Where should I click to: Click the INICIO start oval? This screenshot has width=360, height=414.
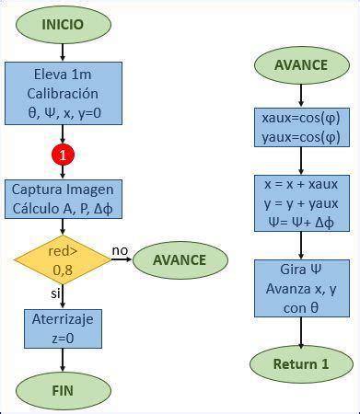(x=62, y=24)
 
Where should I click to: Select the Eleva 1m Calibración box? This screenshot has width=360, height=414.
(x=63, y=93)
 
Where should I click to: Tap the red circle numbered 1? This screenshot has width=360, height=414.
(x=63, y=155)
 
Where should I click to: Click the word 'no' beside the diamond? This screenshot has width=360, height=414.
(x=120, y=250)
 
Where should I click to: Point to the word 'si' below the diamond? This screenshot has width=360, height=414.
(x=54, y=293)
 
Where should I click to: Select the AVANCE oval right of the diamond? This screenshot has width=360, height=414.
(x=180, y=259)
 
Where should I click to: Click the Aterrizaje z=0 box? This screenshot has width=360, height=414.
(x=62, y=328)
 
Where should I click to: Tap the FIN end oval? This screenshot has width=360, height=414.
(x=62, y=389)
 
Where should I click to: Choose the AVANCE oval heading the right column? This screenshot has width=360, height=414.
(x=301, y=64)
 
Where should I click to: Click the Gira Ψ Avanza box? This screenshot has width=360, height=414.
(x=301, y=287)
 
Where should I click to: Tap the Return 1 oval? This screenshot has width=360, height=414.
(x=301, y=363)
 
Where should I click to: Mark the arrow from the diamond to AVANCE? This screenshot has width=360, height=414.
(x=122, y=259)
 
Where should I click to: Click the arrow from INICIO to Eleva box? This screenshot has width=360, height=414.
(x=62, y=52)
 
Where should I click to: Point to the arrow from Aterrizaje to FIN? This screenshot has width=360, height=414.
(x=62, y=360)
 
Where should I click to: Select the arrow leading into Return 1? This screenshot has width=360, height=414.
(x=301, y=331)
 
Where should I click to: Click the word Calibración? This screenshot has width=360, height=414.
(x=63, y=93)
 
